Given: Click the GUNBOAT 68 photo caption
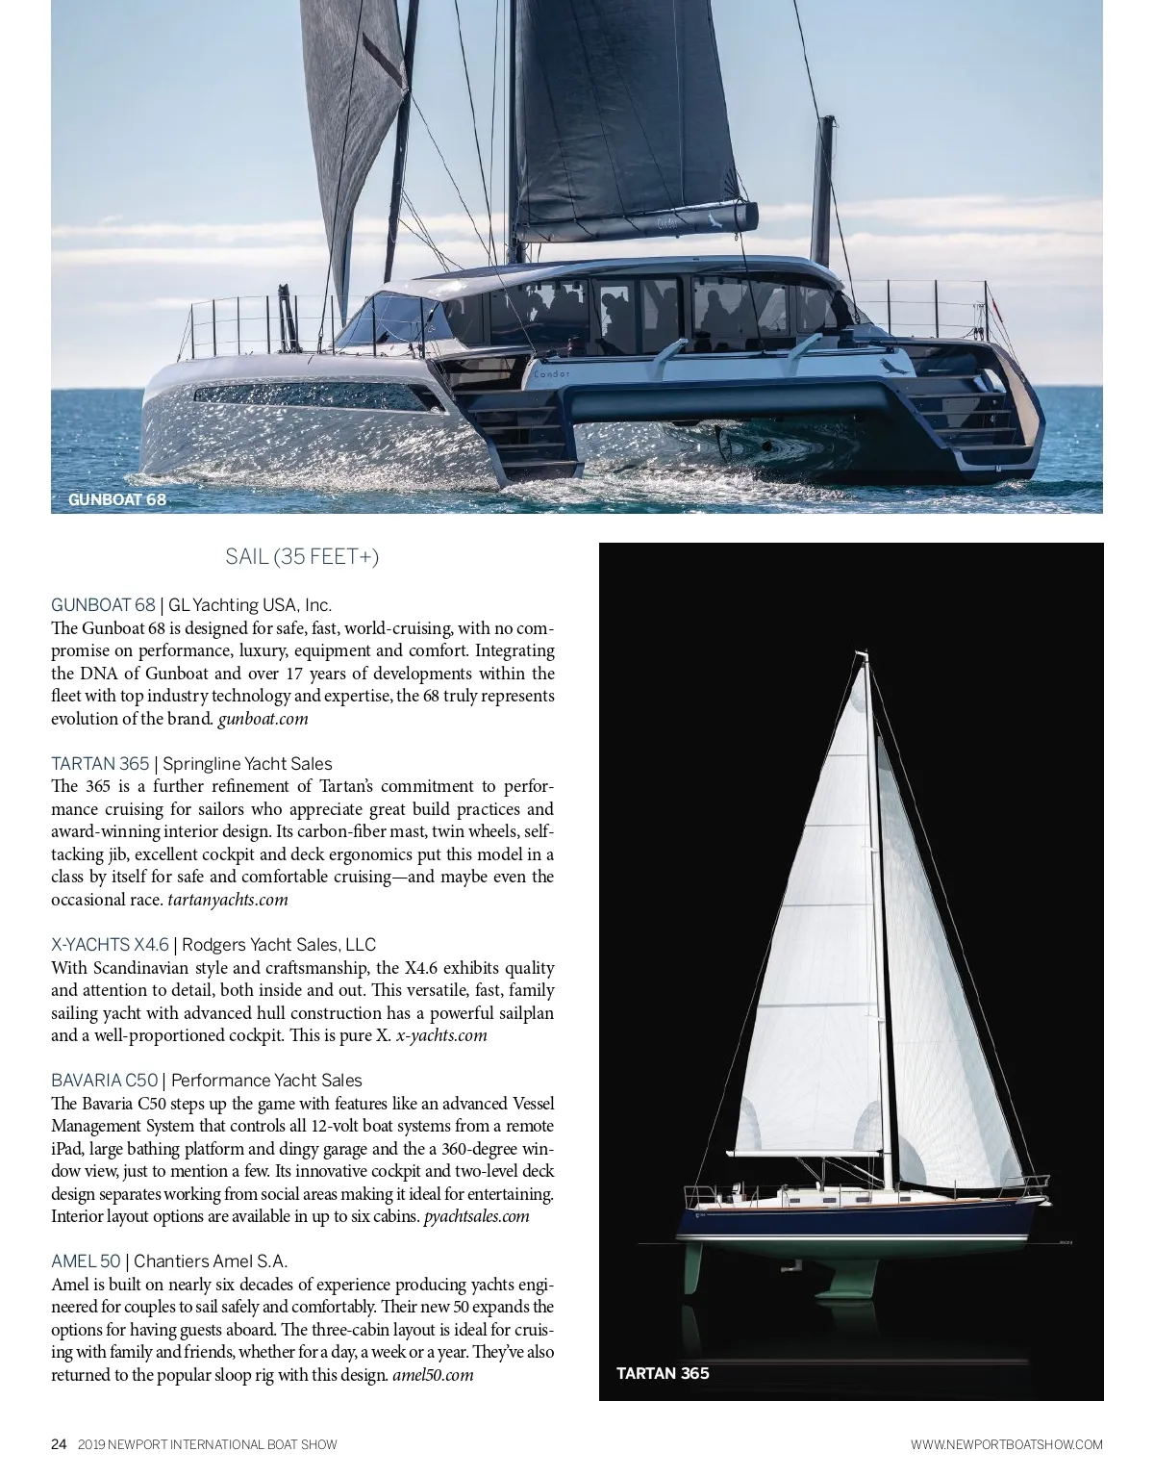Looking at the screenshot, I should [x=117, y=500].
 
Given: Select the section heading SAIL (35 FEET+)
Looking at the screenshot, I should [x=302, y=557].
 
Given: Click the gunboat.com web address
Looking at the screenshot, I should [x=263, y=718].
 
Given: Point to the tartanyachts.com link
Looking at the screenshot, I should [x=228, y=900].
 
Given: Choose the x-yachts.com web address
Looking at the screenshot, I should [x=441, y=1035].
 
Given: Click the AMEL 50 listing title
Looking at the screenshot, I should [x=86, y=1261].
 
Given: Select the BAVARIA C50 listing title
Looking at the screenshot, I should [x=104, y=1081].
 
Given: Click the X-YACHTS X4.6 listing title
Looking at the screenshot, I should [x=110, y=945].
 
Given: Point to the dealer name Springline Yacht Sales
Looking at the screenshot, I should [x=247, y=764].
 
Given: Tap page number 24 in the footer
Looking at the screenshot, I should [x=59, y=1444].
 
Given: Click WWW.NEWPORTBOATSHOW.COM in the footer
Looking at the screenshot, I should [x=1006, y=1444].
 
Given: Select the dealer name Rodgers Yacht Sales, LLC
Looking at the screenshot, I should [x=279, y=945].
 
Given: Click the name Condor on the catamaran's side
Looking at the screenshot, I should [x=548, y=374].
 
